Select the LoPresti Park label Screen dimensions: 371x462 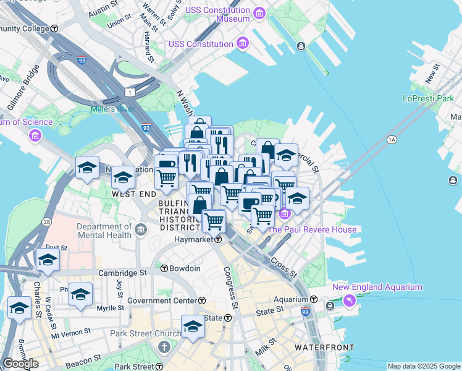click(x=428, y=98)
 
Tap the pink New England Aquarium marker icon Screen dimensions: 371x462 click(x=350, y=301)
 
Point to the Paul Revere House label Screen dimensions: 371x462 click(x=311, y=229)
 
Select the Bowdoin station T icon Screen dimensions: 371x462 click(x=164, y=268)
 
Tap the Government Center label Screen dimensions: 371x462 click(x=162, y=301)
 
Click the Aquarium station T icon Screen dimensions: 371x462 click(x=314, y=299)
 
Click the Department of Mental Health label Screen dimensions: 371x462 click(x=104, y=231)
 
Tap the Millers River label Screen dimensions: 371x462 click(x=112, y=109)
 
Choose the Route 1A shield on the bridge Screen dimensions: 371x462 click(x=391, y=140)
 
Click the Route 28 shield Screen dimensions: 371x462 click(x=46, y=221)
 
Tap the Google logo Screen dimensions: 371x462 click(x=20, y=364)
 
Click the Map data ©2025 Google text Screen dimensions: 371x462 click(x=423, y=366)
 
